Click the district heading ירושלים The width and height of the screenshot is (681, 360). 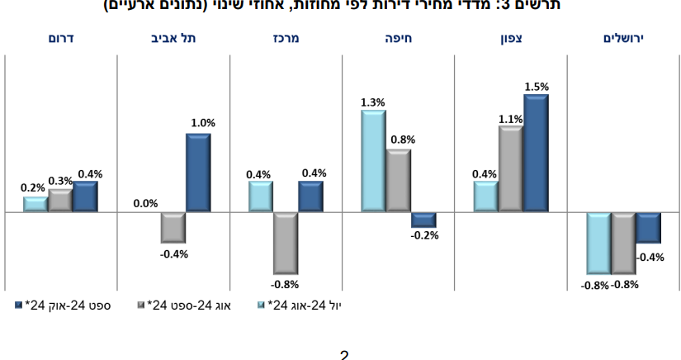(623, 39)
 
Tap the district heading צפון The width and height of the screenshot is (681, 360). (512, 39)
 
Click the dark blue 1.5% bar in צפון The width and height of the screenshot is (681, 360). (536, 154)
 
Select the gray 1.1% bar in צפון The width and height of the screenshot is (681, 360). (511, 169)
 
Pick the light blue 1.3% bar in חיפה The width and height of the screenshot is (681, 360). (373, 161)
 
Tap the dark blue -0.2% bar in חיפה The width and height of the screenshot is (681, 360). (423, 220)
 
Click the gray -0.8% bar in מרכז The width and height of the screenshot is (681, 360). (286, 243)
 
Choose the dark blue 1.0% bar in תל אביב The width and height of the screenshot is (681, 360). (198, 173)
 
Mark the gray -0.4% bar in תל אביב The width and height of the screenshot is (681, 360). (173, 227)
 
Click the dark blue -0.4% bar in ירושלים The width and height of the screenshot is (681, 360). (649, 227)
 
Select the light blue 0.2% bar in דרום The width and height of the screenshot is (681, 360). (35, 204)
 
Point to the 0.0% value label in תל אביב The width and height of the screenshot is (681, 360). (145, 203)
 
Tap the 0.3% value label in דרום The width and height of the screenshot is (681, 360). (60, 180)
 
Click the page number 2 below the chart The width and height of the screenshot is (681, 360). (344, 355)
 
